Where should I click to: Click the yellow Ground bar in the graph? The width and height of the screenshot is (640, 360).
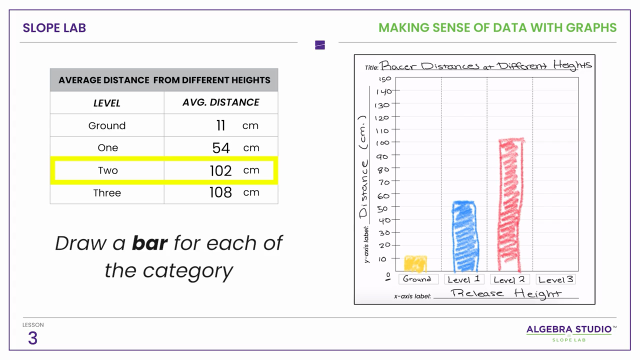[x=415, y=263]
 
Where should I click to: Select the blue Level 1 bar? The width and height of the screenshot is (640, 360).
[x=465, y=236]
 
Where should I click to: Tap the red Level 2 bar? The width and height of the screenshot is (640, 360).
[x=510, y=205]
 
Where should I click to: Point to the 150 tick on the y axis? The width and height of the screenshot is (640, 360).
[x=385, y=79]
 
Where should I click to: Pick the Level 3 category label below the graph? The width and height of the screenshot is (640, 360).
[x=555, y=279]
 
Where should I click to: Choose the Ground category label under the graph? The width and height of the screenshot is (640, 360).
[x=417, y=279]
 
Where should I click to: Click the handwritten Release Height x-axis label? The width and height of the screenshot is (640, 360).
[x=506, y=293]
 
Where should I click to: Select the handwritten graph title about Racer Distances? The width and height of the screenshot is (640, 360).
[x=485, y=65]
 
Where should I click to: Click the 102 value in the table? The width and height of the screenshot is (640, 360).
[x=220, y=170]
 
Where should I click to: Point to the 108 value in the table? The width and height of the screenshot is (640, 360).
[x=220, y=192]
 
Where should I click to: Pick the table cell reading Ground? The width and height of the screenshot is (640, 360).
[x=107, y=125]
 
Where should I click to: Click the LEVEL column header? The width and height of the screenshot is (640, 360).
[x=107, y=103]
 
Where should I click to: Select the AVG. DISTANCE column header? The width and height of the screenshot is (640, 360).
[x=220, y=102]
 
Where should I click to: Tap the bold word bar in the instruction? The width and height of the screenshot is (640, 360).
[x=149, y=243]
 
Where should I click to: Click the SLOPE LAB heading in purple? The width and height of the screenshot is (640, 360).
[x=54, y=28]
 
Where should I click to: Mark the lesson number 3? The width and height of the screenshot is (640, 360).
[x=32, y=338]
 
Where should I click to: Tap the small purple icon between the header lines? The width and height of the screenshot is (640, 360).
[x=320, y=45]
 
